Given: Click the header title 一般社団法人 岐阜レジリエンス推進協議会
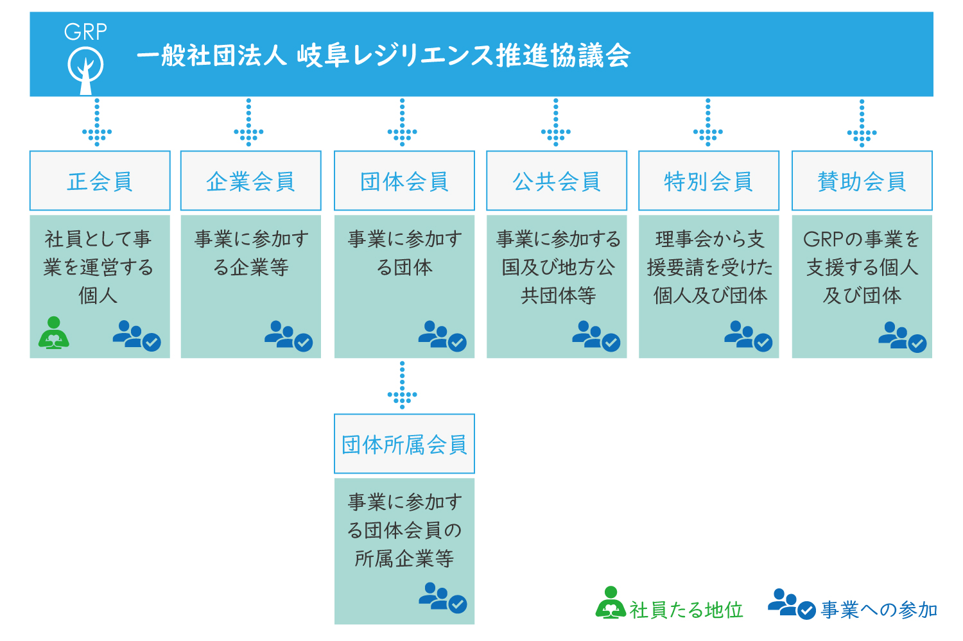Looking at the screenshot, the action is [x=383, y=56].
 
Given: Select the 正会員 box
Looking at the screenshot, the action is [x=100, y=180].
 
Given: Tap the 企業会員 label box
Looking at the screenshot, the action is [x=250, y=180].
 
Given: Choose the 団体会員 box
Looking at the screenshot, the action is [x=404, y=180].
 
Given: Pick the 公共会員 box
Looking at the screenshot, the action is [x=557, y=180].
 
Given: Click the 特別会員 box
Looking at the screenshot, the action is [x=709, y=180].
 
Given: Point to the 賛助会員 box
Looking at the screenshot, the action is [x=862, y=180].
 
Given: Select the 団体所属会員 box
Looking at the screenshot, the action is [x=404, y=444].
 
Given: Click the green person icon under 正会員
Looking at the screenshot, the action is [x=54, y=333].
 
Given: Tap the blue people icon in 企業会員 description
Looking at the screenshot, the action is [x=288, y=336].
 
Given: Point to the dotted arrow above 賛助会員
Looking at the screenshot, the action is [x=862, y=123].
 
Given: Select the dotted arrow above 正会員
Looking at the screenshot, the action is [x=97, y=123].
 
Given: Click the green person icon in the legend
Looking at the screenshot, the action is [x=611, y=603].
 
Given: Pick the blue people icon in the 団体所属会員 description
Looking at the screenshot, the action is [x=443, y=598].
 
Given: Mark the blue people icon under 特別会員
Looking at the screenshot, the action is [x=748, y=336].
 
